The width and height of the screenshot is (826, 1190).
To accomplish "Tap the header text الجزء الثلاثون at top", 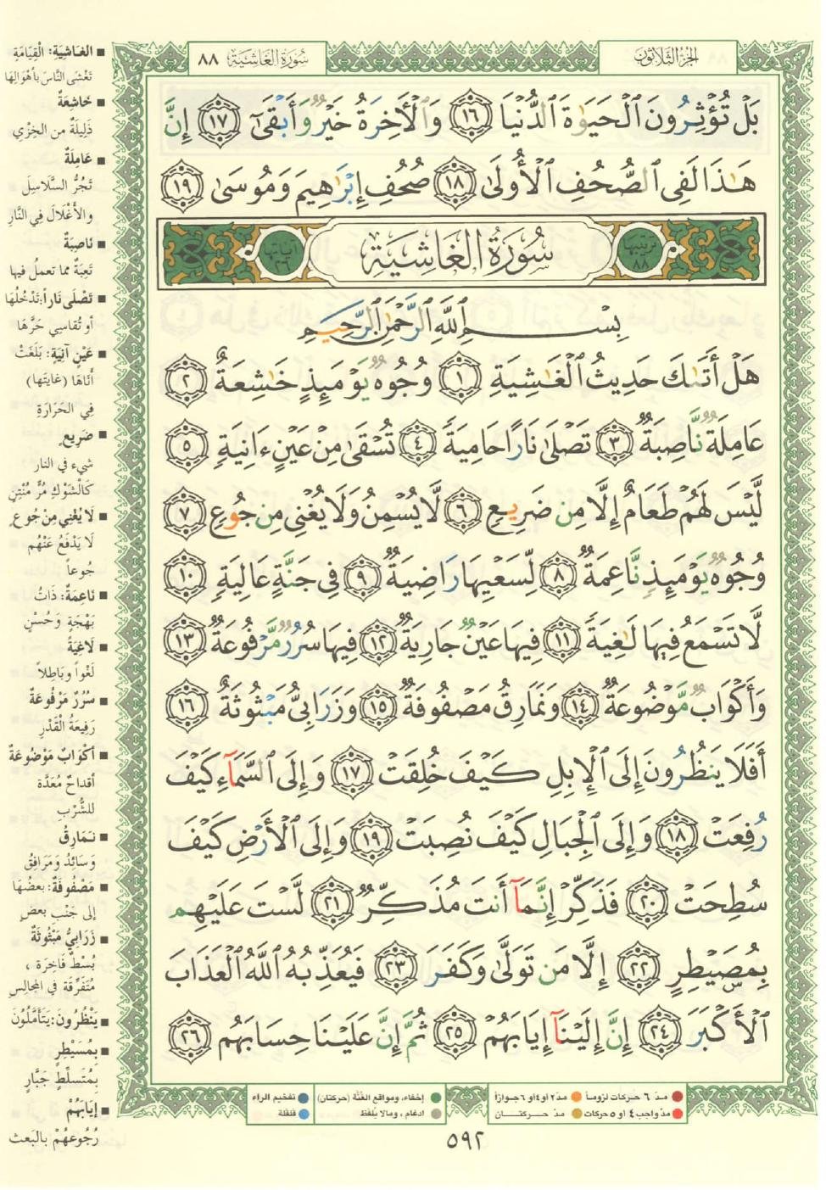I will tap(666, 59).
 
